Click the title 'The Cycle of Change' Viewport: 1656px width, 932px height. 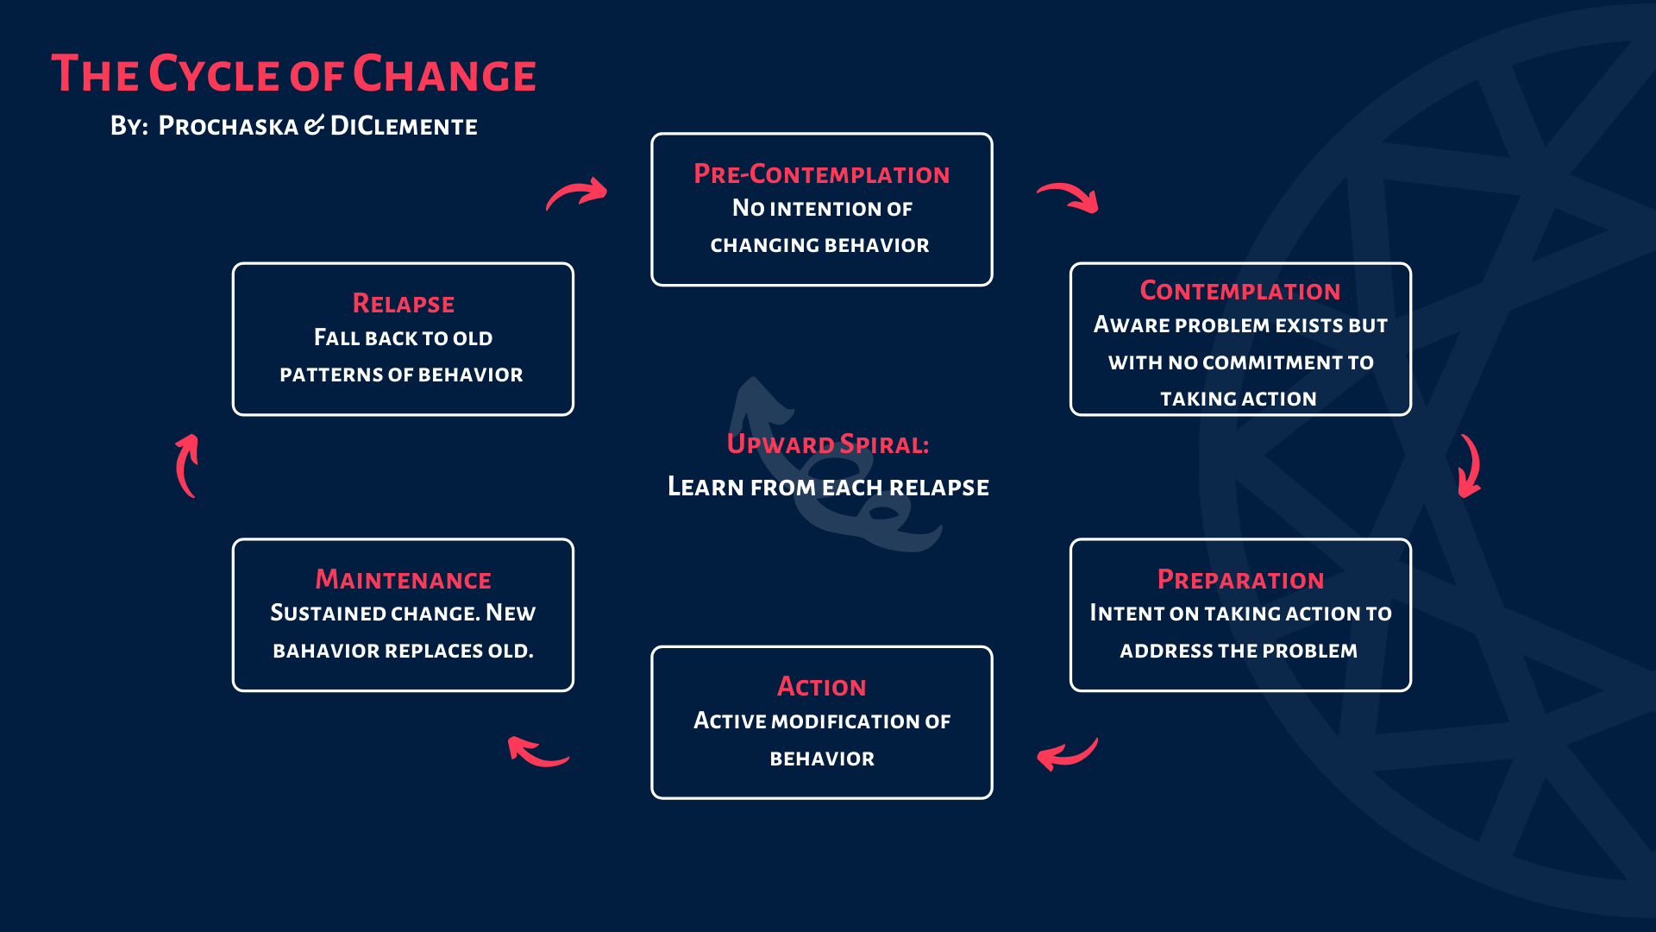click(293, 73)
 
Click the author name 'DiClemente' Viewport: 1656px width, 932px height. click(404, 126)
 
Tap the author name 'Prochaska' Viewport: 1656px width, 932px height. click(229, 126)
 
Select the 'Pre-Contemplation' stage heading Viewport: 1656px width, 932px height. click(822, 173)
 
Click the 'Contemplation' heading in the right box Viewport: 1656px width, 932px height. click(1240, 291)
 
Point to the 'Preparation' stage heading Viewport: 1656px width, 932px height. click(1240, 580)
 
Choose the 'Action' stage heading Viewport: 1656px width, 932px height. click(822, 687)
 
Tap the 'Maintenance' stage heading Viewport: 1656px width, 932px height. click(403, 579)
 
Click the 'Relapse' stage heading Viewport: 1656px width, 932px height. click(403, 304)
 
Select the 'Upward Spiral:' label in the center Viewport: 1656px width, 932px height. click(828, 444)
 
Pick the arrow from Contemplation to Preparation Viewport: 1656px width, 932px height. click(1472, 466)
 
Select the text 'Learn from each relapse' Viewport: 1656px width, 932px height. click(828, 488)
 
